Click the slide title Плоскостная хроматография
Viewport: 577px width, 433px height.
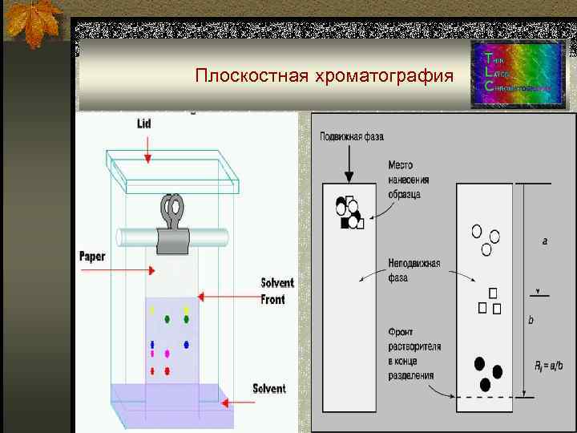point(323,77)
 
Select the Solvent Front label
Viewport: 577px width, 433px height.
point(277,291)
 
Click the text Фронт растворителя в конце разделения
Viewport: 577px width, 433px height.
point(414,353)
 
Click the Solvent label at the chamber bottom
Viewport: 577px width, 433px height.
point(268,389)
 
